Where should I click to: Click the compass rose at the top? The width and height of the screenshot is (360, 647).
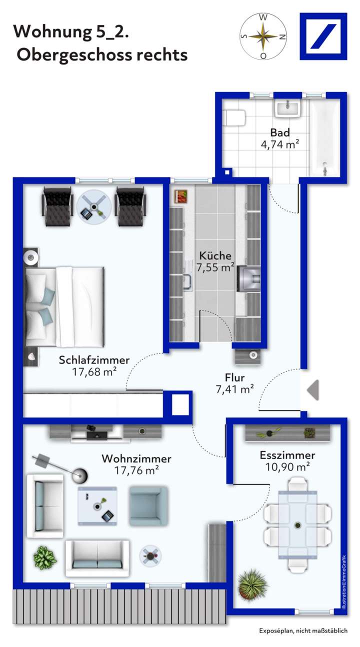coord(263,36)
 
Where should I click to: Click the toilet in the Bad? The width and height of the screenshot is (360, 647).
coord(234,118)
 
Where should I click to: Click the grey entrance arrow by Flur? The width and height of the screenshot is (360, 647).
coord(313,390)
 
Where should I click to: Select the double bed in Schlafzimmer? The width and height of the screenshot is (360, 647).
coord(65,306)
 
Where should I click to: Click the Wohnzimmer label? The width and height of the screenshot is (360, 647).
coord(136,458)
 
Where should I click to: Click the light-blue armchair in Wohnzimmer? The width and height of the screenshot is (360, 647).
coord(147,505)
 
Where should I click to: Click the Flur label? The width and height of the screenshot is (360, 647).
coord(235,378)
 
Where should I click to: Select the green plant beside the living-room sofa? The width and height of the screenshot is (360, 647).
coord(45,557)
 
